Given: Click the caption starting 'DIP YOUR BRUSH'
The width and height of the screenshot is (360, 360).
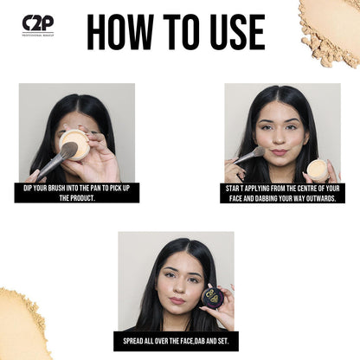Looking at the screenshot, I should pyautogui.click(x=76, y=192).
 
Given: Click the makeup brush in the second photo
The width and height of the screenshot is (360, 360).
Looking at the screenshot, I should pyautogui.click(x=248, y=156).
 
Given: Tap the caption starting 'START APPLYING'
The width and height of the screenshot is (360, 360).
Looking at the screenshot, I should pyautogui.click(x=283, y=192).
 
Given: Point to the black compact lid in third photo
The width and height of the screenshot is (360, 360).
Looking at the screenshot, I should pyautogui.click(x=212, y=297).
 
